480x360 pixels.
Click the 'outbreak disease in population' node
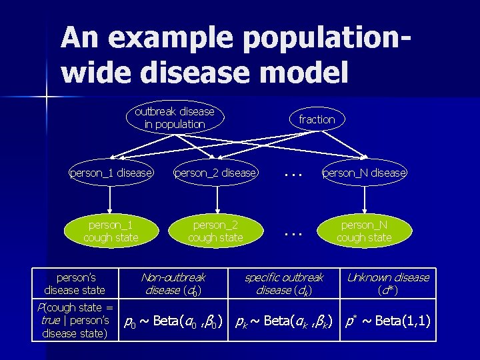tap(175, 118)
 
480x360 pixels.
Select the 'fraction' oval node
tap(317, 119)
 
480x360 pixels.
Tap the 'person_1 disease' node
tap(111, 173)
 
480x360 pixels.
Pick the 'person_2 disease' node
tap(215, 173)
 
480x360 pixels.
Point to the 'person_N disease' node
tap(364, 173)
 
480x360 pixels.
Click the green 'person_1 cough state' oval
tap(111, 231)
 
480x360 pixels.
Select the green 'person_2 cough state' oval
tap(215, 231)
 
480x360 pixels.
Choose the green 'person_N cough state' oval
tap(364, 231)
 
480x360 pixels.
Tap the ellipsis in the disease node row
tap(293, 173)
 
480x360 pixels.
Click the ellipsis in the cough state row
tap(293, 234)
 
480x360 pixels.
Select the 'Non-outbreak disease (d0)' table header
tap(173, 283)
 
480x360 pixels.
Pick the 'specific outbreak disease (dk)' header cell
tap(284, 283)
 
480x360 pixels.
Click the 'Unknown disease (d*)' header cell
tap(388, 283)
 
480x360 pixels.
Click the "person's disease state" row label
tap(75, 283)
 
